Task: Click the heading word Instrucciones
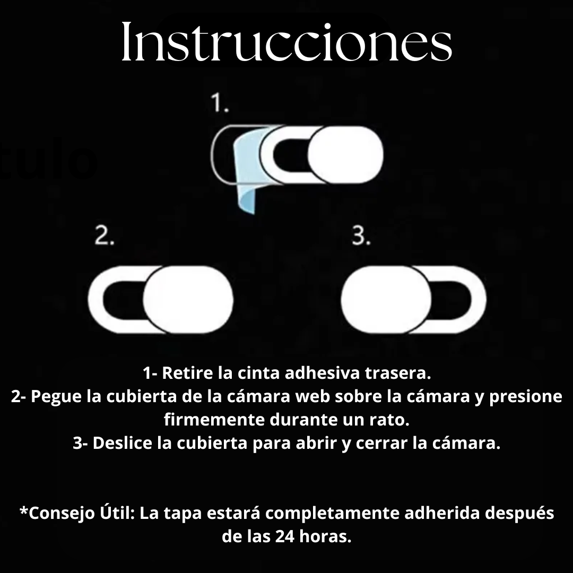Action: tap(286, 42)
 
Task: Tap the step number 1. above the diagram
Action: tap(220, 103)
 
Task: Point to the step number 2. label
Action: tap(105, 236)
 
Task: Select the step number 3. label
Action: tap(361, 236)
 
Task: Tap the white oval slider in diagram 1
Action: tap(345, 155)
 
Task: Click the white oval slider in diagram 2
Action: tap(188, 300)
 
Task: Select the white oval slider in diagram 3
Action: tap(386, 300)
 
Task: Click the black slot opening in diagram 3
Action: tap(452, 300)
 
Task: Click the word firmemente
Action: tap(214, 420)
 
